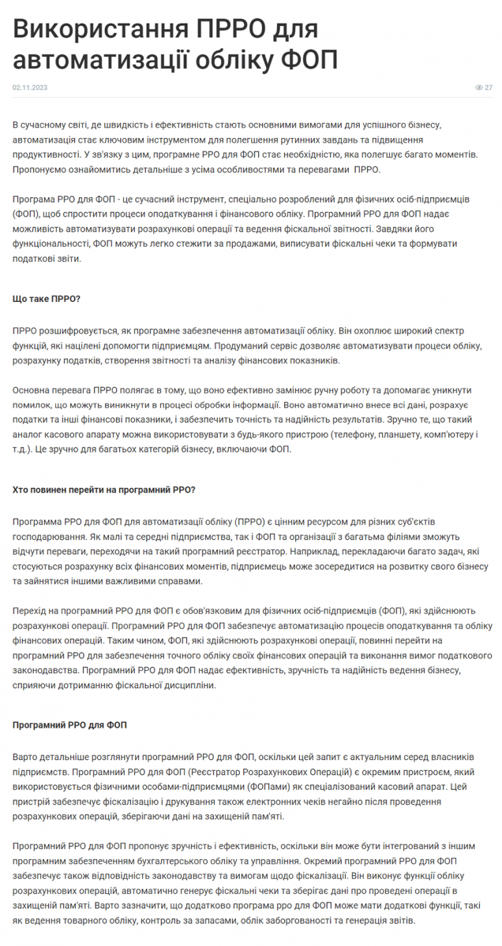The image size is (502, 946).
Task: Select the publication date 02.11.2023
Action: pos(30,88)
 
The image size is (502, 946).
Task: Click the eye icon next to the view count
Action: pos(479,88)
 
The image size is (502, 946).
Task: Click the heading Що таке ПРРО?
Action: pos(47,299)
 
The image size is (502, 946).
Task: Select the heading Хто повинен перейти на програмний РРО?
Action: pos(104,490)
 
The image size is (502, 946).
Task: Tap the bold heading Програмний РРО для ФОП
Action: pos(69,724)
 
